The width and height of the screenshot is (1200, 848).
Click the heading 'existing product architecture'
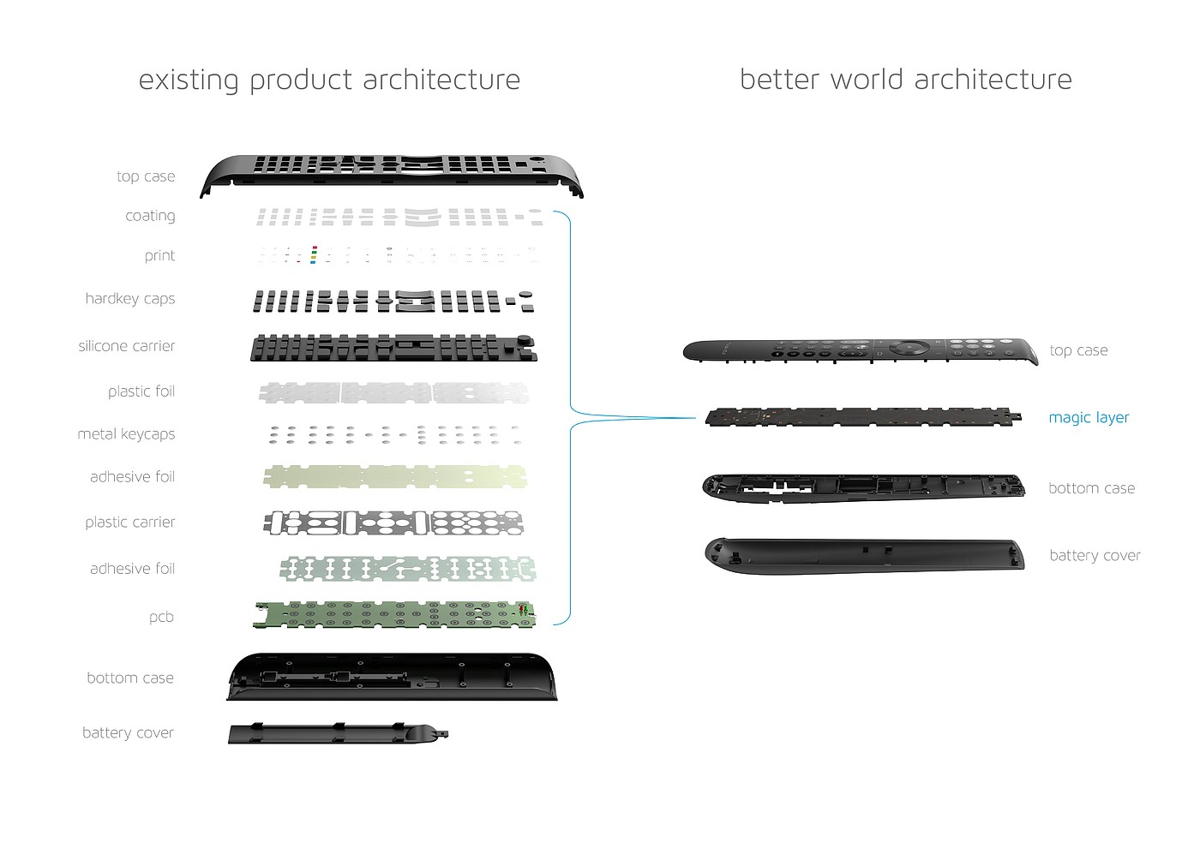[x=329, y=81]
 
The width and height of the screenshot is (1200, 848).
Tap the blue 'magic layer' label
[x=1089, y=418]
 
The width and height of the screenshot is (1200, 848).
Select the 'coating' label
[x=150, y=216]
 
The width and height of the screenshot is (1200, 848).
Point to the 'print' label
[x=159, y=256]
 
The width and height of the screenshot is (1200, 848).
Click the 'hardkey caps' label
[x=130, y=299]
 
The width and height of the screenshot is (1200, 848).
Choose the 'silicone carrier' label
[x=127, y=346]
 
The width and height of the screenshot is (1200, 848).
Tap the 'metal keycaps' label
[x=126, y=433]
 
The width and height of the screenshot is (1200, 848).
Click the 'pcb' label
[x=161, y=618]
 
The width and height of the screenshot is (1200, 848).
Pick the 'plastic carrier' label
[x=129, y=522]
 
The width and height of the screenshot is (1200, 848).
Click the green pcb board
[x=394, y=615]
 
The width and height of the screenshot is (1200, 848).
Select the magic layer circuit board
[x=863, y=417]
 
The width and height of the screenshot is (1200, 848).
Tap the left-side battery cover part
[x=338, y=733]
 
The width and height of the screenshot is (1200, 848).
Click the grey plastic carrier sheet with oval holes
[x=393, y=523]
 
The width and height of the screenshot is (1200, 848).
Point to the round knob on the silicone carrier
[x=525, y=340]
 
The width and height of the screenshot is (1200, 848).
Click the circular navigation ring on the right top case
[x=909, y=347]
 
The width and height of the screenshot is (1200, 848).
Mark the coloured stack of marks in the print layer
[x=314, y=255]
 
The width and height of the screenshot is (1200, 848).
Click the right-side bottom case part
[x=864, y=488]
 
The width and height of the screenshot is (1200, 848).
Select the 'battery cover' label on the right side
[x=1095, y=556]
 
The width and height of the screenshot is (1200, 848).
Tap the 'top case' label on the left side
[x=146, y=176]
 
